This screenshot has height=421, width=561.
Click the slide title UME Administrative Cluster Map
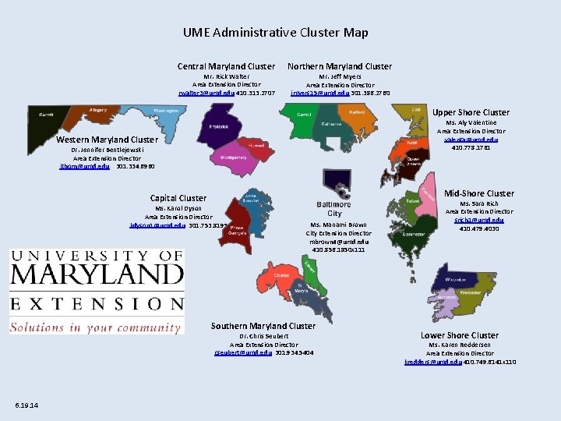point(276,33)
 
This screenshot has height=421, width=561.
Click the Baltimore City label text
point(333,209)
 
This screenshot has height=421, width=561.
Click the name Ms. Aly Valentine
point(471,122)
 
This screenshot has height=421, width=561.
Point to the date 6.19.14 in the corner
point(31,404)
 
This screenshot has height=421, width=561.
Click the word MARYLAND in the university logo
point(97,274)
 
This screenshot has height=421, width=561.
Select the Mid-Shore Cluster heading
point(478,193)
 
